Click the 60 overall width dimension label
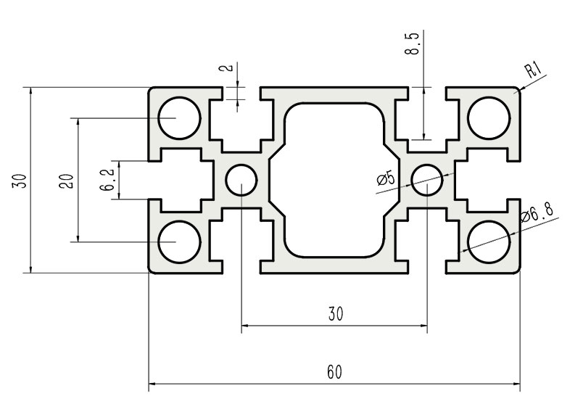tap(334, 372)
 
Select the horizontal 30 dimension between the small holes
tap(334, 314)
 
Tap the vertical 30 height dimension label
tap(23, 180)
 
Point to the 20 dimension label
tap(67, 180)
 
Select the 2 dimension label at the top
tap(229, 70)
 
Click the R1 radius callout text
tap(533, 70)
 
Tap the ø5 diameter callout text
tap(386, 178)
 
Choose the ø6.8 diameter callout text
tap(537, 213)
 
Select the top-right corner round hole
tap(488, 117)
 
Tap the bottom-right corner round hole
tap(488, 242)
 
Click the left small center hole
tap(241, 179)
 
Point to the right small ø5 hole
tap(426, 179)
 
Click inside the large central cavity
tap(334, 179)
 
